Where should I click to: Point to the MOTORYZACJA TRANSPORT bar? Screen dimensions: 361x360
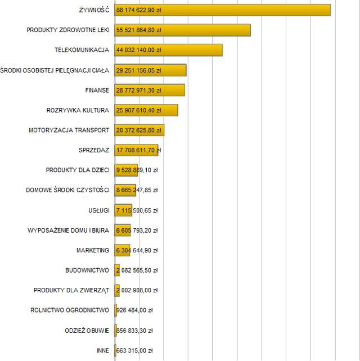pos(139,130)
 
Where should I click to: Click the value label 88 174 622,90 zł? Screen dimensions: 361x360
pos(139,10)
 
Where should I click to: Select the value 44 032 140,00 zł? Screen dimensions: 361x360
pos(139,50)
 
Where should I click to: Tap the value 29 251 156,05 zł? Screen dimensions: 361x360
pos(139,70)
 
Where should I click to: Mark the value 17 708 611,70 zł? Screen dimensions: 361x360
pos(139,150)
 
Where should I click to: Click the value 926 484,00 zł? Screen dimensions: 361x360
pos(134,310)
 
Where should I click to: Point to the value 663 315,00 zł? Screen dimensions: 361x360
pos(134,350)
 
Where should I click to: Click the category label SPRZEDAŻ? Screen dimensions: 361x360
pos(94,150)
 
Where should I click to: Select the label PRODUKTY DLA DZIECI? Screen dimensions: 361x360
pos(78,170)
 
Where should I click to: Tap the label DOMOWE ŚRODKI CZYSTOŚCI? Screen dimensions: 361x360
pos(67,190)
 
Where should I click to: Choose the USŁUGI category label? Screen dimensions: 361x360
pos(99,210)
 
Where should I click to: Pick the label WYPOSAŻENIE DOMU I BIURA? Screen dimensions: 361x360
pos(68,231)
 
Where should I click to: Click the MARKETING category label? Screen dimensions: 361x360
pos(93,250)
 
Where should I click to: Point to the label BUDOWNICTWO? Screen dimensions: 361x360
pos(87,270)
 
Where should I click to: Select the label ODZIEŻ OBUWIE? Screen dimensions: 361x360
pos(87,330)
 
